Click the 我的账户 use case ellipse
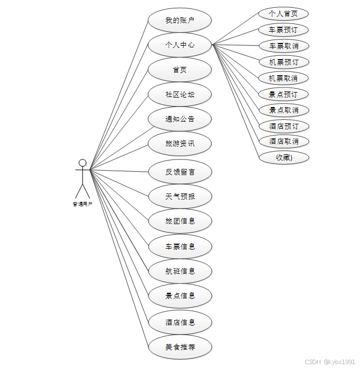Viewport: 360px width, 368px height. pos(180,21)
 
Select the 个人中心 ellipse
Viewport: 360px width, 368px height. pos(180,45)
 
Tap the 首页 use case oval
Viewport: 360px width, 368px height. pos(180,70)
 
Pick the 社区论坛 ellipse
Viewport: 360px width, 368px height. pos(180,94)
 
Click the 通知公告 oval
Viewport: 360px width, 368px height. pos(180,119)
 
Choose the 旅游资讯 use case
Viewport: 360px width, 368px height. pos(180,143)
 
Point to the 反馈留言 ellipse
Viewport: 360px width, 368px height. pos(180,172)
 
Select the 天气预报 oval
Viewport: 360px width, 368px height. pos(180,196)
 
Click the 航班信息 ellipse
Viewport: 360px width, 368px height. pos(180,271)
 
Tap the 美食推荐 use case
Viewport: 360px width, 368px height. pos(180,347)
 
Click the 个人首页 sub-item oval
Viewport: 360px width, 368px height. pos(284,14)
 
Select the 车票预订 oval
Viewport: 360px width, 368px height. pos(284,30)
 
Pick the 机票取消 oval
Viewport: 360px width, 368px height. pos(284,78)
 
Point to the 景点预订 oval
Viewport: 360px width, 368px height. pos(284,94)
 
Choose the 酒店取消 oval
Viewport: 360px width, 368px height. pos(284,142)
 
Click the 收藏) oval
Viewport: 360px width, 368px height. pos(284,157)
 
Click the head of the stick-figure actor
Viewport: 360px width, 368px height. pos(83,163)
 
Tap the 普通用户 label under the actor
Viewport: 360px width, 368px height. pos(83,204)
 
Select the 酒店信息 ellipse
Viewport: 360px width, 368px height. pos(180,322)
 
